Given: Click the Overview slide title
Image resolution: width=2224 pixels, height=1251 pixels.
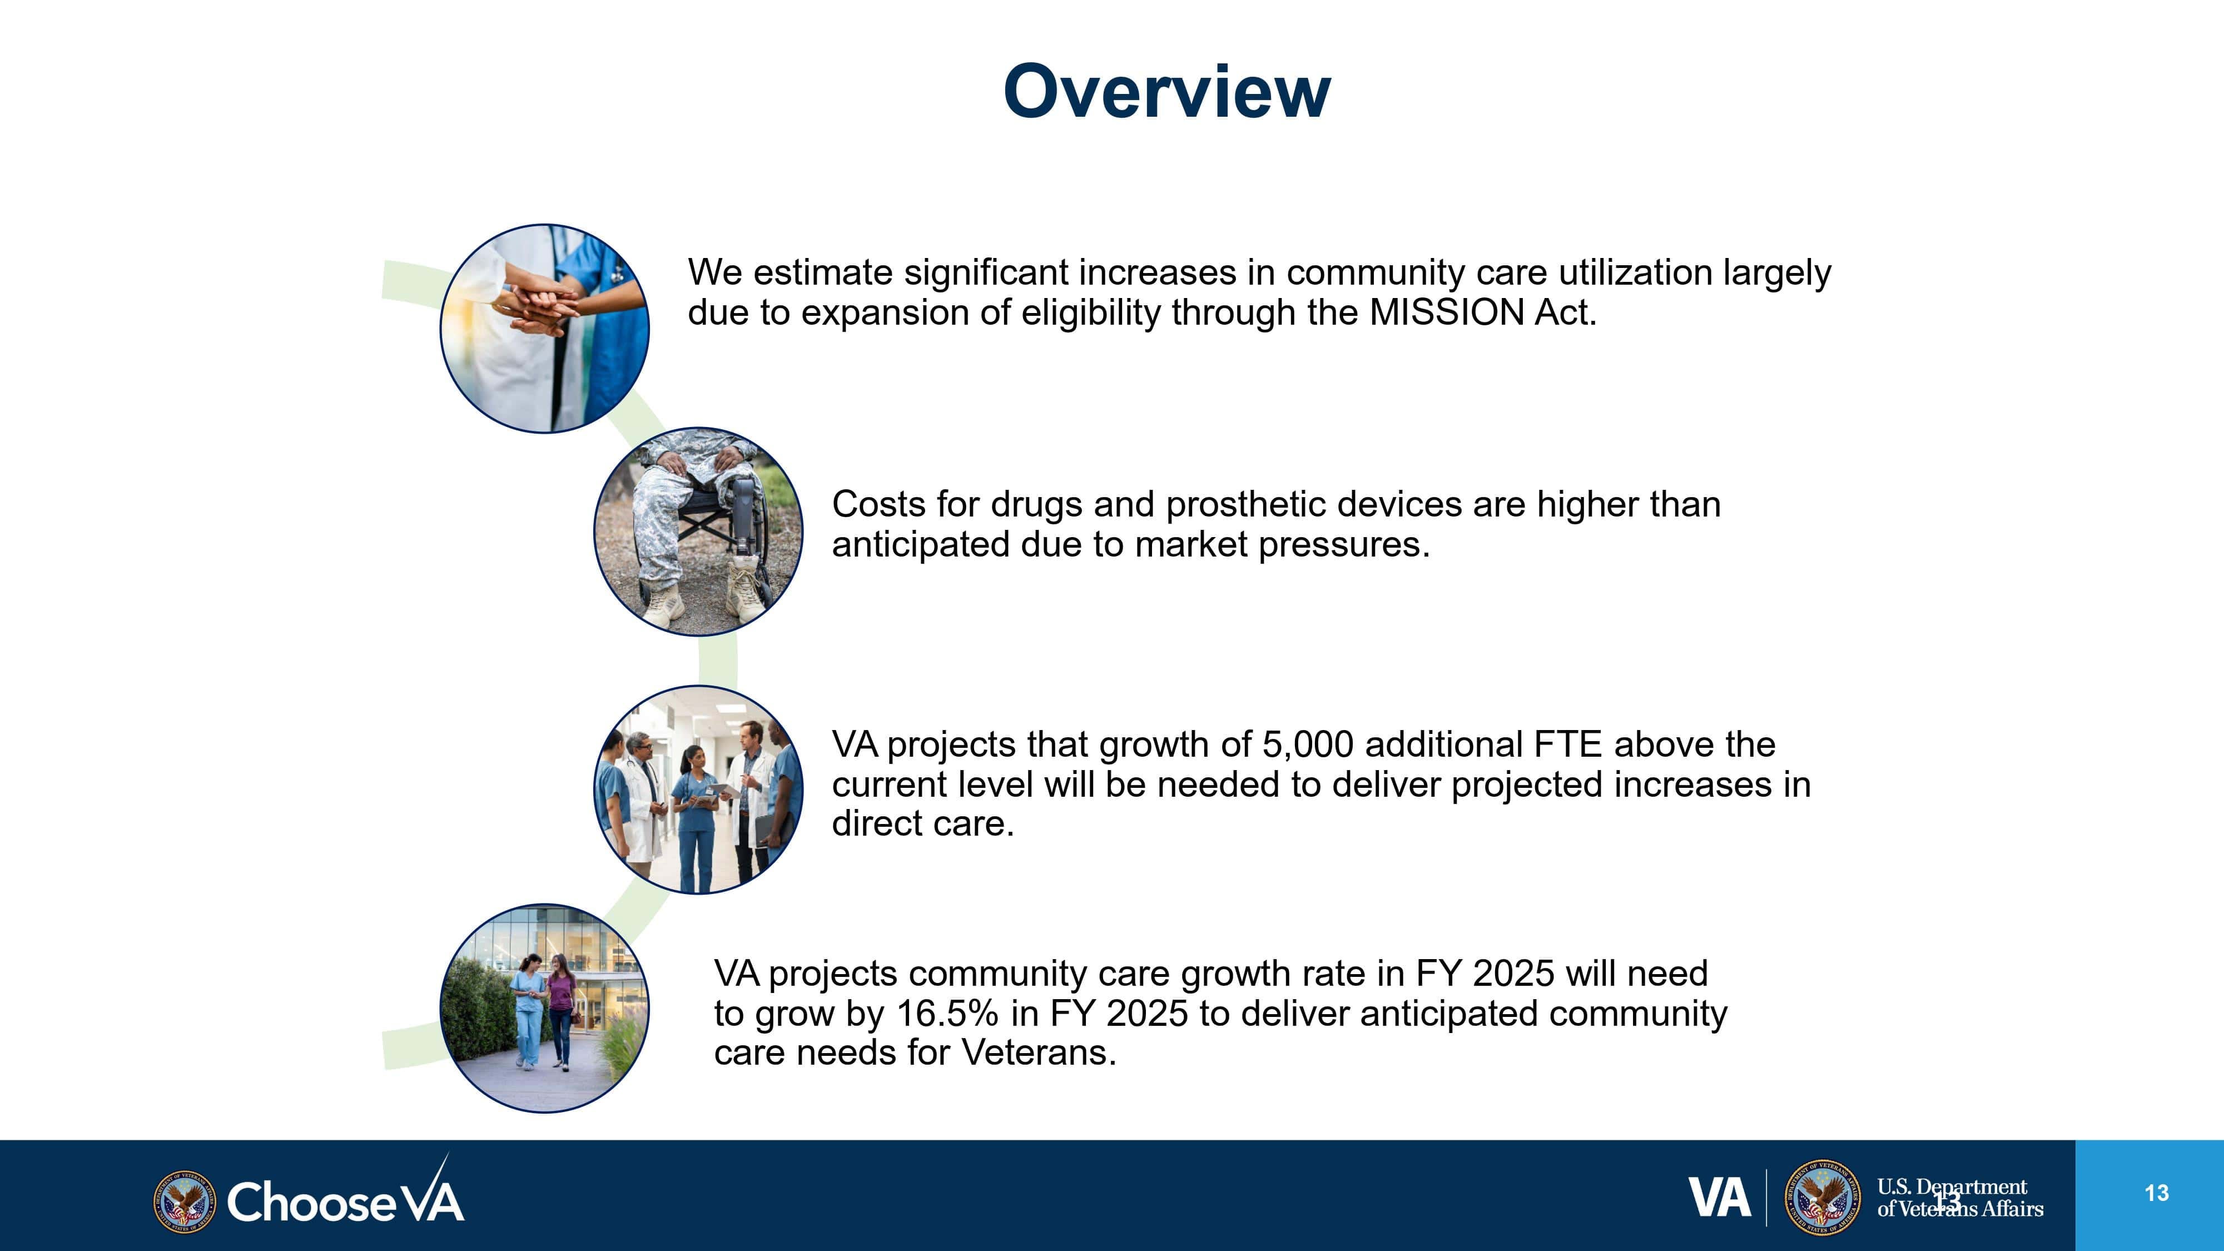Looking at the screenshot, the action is click(1166, 92).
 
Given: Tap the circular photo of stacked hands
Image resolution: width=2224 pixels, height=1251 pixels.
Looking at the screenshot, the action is click(545, 328).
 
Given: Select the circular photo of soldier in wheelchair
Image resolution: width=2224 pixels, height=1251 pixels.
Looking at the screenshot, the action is click(698, 532).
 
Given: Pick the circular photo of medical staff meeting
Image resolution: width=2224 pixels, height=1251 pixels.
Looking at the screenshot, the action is click(698, 789).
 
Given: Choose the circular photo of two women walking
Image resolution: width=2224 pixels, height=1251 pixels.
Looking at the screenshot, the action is click(545, 1009).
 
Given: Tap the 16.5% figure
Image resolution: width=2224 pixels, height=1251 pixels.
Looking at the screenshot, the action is click(948, 1014).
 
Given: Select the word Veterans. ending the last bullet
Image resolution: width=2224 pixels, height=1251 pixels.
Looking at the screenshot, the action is click(1039, 1053).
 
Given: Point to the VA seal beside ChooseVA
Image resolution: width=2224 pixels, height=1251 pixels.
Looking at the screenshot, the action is click(184, 1201).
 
